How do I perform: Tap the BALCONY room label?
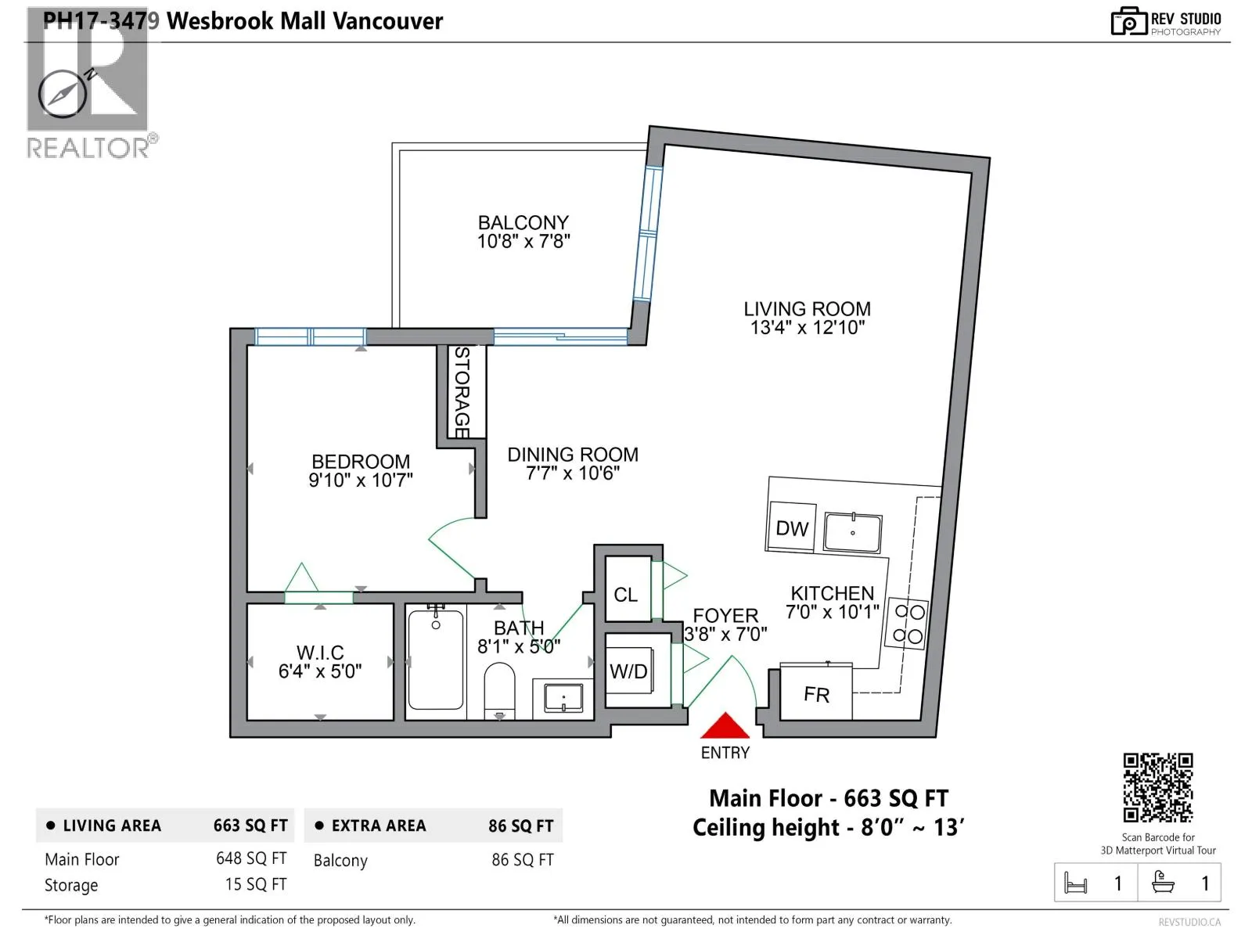(523, 222)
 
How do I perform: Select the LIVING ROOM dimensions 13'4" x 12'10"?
(807, 328)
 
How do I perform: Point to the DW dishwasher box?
(792, 527)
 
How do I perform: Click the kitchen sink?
(853, 533)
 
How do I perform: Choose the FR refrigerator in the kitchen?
(815, 692)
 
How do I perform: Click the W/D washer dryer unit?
(629, 671)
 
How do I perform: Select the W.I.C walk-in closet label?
(320, 653)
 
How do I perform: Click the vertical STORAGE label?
(462, 392)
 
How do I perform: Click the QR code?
(1158, 787)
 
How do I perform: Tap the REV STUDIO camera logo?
(1128, 22)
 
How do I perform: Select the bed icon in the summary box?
(1075, 883)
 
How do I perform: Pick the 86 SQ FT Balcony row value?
(523, 860)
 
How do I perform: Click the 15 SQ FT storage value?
(256, 884)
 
